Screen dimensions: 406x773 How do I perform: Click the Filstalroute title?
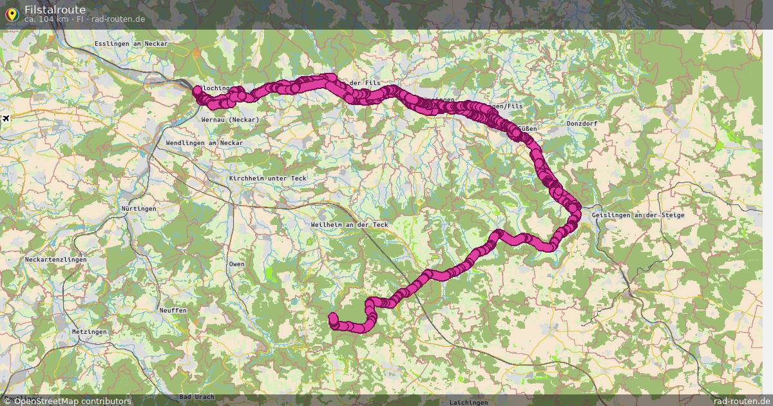[x=55, y=9]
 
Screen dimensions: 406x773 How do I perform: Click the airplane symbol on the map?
[x=6, y=119]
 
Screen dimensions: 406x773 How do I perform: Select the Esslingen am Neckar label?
[x=131, y=44]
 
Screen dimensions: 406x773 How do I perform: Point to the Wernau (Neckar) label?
[x=230, y=120]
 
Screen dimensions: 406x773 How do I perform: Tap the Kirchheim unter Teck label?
[x=267, y=179]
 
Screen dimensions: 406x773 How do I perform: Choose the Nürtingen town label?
[x=138, y=209]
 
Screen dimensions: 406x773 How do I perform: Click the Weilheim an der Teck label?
[x=349, y=224]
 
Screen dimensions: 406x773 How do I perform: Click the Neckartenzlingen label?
[x=55, y=260]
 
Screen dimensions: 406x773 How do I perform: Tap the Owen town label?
[x=236, y=264]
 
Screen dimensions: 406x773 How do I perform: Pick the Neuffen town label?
[x=173, y=311]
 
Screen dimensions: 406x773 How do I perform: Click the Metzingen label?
[x=90, y=331]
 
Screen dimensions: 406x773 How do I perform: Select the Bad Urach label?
[x=196, y=396]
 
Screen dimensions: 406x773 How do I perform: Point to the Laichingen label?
[x=468, y=402]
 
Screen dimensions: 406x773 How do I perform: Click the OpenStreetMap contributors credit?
[x=72, y=401]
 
